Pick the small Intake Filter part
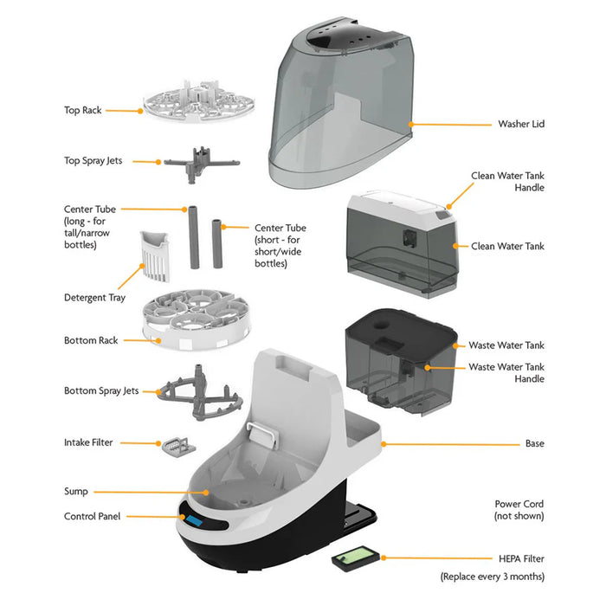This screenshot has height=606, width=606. (176, 445)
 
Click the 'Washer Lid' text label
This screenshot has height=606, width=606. (521, 124)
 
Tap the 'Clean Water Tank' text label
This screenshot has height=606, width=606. (508, 246)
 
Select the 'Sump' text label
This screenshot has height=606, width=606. (77, 491)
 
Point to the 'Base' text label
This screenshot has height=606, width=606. (534, 443)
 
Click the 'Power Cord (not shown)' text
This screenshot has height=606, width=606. (519, 509)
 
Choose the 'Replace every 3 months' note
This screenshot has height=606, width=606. (492, 576)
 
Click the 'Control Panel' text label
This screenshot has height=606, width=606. (93, 516)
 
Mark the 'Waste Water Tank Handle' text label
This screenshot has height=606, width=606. (506, 373)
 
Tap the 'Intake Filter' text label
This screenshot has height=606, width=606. (88, 442)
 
